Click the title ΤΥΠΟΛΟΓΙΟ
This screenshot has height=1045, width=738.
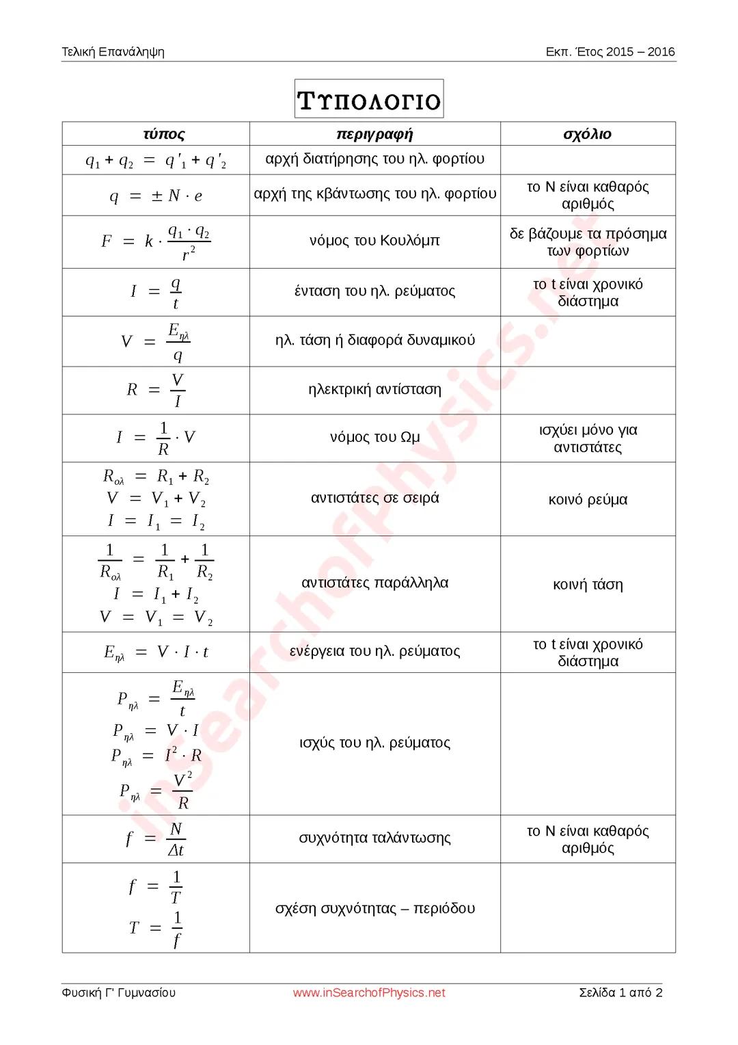pos(369,100)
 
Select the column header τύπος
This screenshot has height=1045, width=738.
pos(163,134)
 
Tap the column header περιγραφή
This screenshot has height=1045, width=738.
pos(374,134)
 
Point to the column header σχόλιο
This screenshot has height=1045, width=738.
pos(587,134)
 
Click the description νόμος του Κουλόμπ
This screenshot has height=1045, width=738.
pos(374,241)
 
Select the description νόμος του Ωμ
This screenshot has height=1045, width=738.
pos(374,438)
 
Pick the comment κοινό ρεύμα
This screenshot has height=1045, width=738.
pos(588,500)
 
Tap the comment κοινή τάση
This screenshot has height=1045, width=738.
pos(588,585)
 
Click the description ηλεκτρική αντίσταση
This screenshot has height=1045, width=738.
pos(374,390)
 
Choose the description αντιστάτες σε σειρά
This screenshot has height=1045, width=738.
pos(374,499)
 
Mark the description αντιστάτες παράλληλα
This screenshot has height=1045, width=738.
pos(374,583)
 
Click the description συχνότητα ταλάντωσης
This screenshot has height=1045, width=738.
pos(374,838)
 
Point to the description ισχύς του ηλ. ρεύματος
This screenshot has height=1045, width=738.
pos(374,743)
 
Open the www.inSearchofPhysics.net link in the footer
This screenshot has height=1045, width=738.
pos(369,993)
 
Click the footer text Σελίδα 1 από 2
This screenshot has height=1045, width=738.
pos(620,993)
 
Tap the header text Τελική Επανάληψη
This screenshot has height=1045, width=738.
pos(113,52)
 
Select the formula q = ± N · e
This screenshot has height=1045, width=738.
pos(156,196)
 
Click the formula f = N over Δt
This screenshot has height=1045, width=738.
pos(156,839)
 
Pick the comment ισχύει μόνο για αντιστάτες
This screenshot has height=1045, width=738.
pos(588,439)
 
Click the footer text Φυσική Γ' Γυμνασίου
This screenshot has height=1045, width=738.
pos(118,993)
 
